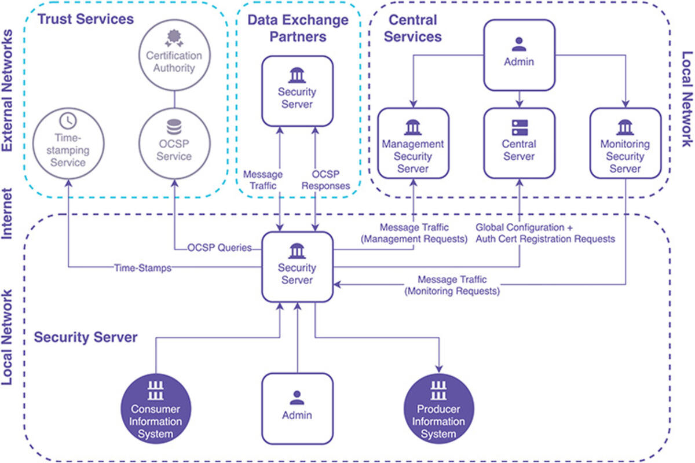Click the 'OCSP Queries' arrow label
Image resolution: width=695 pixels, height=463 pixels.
point(220,248)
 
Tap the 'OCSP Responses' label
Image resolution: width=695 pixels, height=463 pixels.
point(328,180)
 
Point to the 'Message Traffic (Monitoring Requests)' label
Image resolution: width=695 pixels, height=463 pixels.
point(451,286)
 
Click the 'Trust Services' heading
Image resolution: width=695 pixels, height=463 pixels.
point(86,19)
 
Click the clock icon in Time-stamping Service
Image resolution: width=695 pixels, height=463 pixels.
point(68,120)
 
